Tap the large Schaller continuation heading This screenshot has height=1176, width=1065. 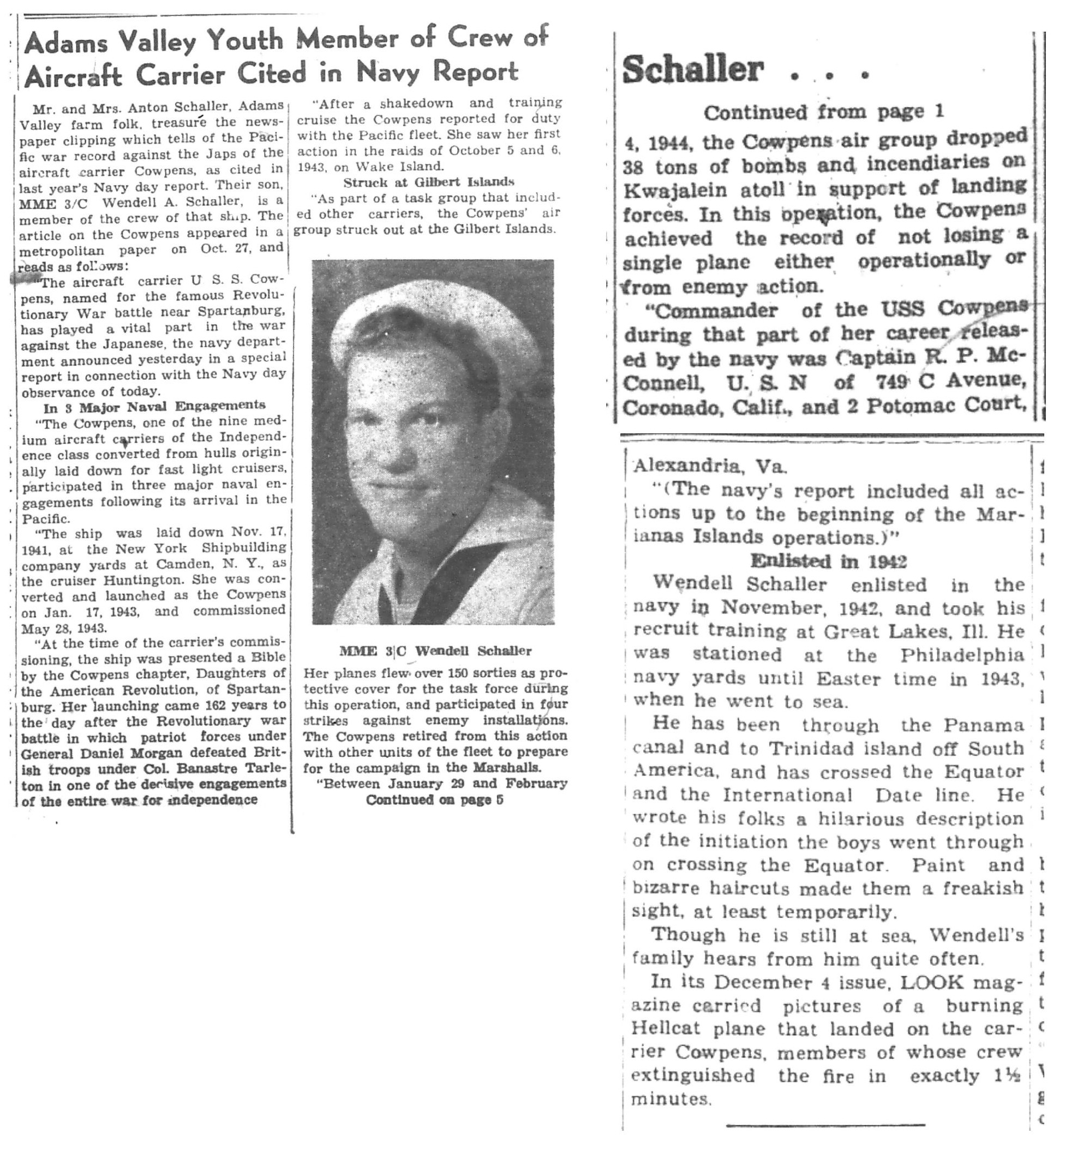[693, 70]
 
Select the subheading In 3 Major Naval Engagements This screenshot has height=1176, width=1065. [154, 405]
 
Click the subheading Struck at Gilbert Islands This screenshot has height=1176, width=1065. [429, 182]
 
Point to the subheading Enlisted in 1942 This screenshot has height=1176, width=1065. [828, 561]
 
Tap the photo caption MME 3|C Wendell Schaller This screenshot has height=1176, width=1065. [435, 650]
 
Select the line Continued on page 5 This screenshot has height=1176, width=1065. [434, 800]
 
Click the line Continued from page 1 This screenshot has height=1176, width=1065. [823, 112]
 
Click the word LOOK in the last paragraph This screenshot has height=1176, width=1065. [932, 982]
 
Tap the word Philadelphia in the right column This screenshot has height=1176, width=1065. [961, 655]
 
